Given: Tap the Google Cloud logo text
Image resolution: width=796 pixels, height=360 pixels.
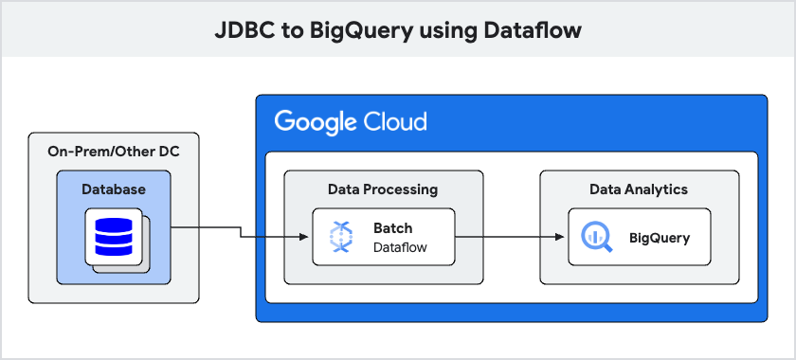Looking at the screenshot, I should [351, 122].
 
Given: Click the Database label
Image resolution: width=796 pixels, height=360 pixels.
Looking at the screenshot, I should [114, 189].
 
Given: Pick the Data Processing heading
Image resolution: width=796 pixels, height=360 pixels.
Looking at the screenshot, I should [383, 189].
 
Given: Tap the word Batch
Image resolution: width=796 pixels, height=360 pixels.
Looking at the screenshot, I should [393, 228].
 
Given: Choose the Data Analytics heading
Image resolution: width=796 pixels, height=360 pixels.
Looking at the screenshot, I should [639, 189].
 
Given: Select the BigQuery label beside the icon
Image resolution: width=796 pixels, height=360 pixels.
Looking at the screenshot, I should [660, 237].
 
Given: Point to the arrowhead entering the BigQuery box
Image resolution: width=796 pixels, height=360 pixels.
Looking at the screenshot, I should [563, 237].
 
